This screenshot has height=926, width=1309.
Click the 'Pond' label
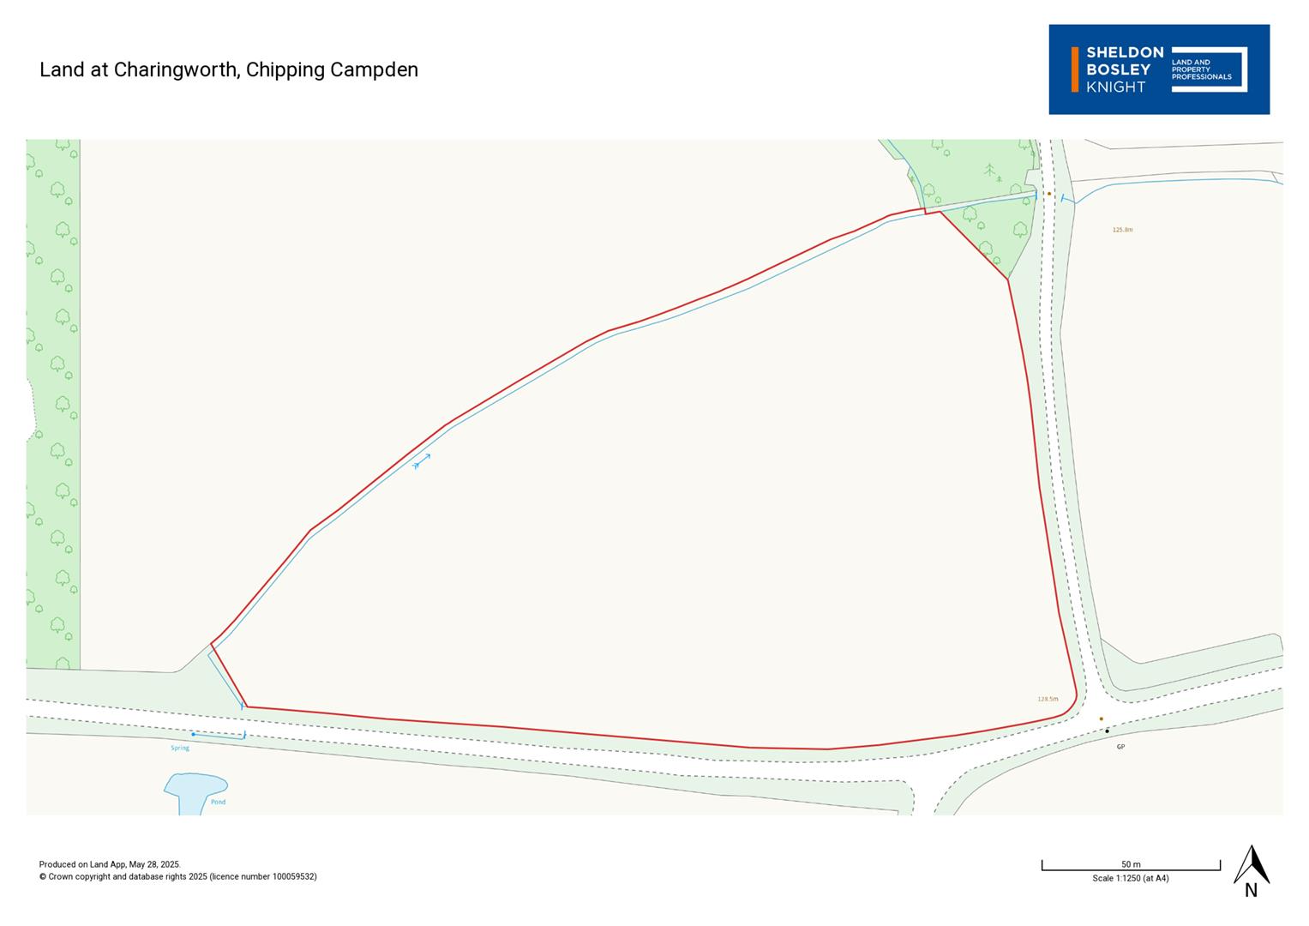219,802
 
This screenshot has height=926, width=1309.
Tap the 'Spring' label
180,749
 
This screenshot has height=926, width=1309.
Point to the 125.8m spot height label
1122,230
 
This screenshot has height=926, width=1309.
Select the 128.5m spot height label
1048,699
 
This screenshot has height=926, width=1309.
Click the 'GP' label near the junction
1120,747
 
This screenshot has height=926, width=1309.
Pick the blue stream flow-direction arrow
421,462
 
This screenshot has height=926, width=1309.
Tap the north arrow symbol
1251,866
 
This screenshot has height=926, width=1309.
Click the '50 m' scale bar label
1131,864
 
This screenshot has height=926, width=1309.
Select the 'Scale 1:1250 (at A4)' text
1131,878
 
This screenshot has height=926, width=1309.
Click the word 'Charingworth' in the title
176,69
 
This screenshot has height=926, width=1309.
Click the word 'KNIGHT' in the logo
1115,87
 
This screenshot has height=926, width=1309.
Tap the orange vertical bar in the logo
1075,69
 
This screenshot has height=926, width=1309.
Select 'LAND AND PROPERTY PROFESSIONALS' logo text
1200,69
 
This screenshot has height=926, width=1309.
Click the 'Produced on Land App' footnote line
110,864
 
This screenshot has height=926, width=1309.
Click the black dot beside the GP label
1107,731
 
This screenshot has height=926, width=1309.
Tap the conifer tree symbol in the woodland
990,170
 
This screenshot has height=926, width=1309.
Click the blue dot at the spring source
194,734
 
